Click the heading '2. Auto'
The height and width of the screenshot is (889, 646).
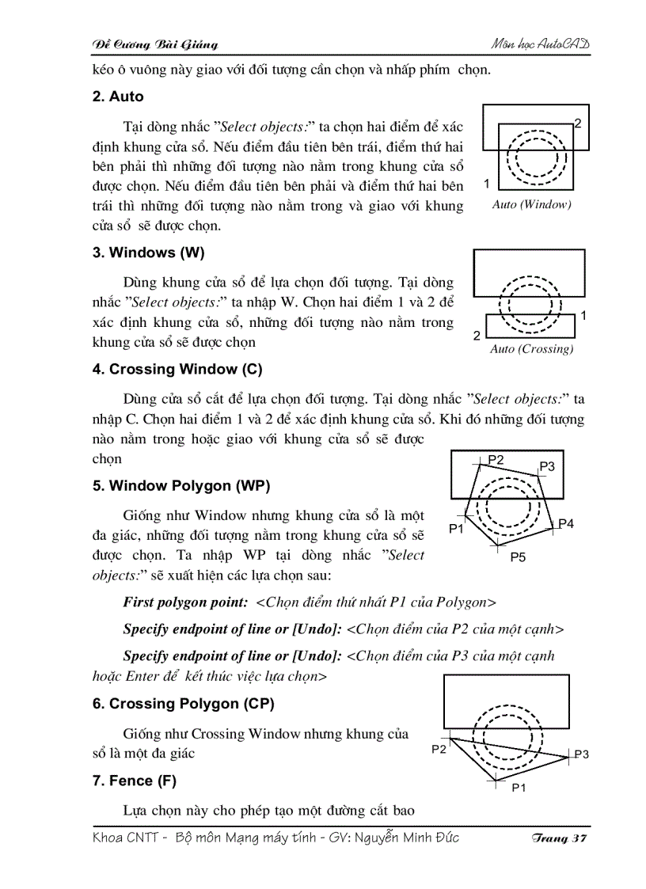(118, 97)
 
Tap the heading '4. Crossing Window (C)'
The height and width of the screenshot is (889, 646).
(177, 369)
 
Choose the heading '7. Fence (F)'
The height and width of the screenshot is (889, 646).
(134, 781)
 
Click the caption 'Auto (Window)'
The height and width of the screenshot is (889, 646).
(531, 204)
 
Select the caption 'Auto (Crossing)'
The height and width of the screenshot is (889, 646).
(531, 349)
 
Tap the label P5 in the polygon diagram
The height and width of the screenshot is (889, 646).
(518, 557)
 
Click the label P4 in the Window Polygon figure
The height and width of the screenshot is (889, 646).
(566, 523)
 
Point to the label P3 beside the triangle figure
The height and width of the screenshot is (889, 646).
(581, 754)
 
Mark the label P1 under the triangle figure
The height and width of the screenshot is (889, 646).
(519, 788)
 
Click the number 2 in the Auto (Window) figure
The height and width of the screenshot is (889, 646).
(578, 123)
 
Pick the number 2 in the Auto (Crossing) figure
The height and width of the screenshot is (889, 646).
(477, 336)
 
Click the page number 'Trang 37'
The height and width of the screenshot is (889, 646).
(559, 838)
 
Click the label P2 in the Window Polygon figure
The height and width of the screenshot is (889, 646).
(496, 459)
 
